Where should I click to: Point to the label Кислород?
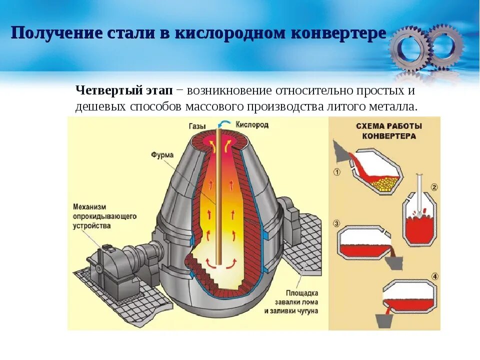(252, 124)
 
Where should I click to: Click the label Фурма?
(162, 155)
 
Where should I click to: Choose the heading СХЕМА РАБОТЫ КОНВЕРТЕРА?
(389, 131)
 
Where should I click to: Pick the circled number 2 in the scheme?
(434, 188)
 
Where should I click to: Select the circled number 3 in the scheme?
(336, 223)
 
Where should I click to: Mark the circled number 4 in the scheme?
(434, 276)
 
